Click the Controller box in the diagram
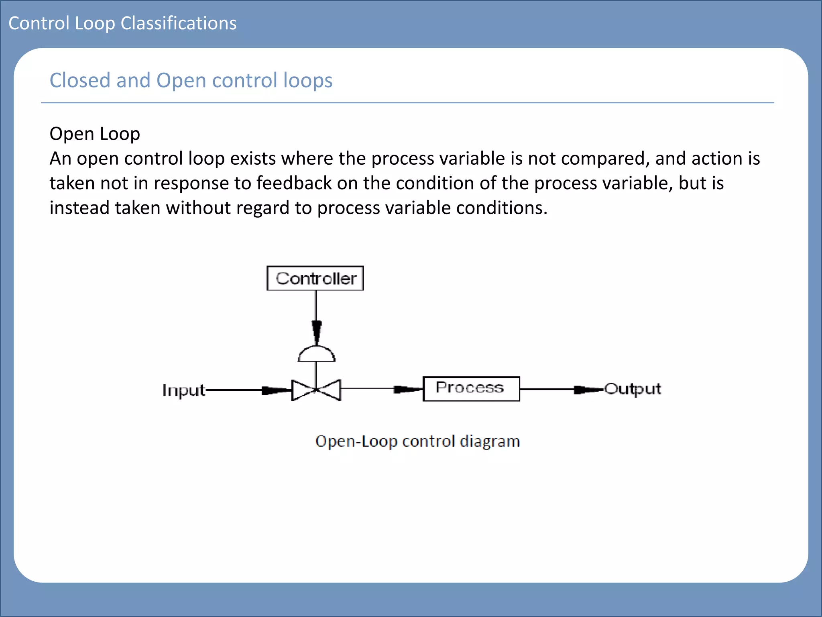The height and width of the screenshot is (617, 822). pyautogui.click(x=315, y=278)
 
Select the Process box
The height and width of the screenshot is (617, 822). pyautogui.click(x=471, y=388)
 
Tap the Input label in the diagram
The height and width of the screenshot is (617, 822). pyautogui.click(x=183, y=390)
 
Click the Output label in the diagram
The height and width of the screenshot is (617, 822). pyautogui.click(x=633, y=389)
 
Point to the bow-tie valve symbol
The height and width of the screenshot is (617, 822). pyautogui.click(x=316, y=390)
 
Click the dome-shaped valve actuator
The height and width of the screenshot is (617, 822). pyautogui.click(x=316, y=354)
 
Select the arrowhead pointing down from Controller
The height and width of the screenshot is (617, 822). pyautogui.click(x=316, y=331)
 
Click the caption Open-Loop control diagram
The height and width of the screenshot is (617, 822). pyautogui.click(x=417, y=441)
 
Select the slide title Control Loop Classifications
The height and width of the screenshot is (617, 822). pyautogui.click(x=122, y=23)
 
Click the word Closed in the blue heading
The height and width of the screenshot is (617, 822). pyautogui.click(x=80, y=80)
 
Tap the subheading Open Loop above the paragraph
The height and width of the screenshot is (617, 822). pyautogui.click(x=95, y=134)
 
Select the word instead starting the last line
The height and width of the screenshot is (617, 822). pyautogui.click(x=79, y=208)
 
